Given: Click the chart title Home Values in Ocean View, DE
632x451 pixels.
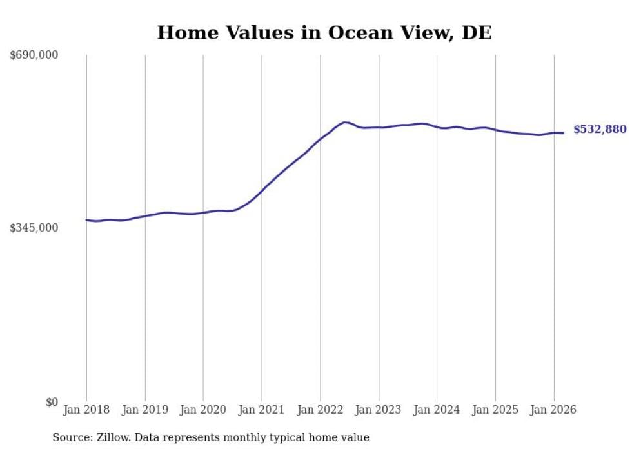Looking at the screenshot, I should point(324,33).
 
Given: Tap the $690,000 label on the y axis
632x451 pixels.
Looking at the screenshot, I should point(34,55).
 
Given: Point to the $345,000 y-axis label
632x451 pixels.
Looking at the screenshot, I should point(34,228).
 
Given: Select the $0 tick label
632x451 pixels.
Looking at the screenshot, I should point(52,402).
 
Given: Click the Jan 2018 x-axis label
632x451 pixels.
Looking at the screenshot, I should point(86,410).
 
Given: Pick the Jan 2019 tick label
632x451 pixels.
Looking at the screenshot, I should point(145,410).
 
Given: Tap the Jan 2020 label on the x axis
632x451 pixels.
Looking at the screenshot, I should point(203,410).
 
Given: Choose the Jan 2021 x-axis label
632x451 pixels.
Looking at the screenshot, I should point(262,410).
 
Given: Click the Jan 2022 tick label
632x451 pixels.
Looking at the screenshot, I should point(320,410).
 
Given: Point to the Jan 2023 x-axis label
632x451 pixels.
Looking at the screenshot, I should point(379,410).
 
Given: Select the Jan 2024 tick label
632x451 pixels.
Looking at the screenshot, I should point(437,410).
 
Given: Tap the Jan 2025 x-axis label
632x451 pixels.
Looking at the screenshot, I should point(495,410).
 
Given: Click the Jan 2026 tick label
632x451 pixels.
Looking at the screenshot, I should point(553,410).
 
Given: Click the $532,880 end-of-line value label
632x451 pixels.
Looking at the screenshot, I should point(600,130).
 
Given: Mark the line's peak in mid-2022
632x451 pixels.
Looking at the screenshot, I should point(345,122).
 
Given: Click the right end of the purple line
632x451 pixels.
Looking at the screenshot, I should point(563,134).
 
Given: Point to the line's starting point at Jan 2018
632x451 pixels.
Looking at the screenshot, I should point(86,220).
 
